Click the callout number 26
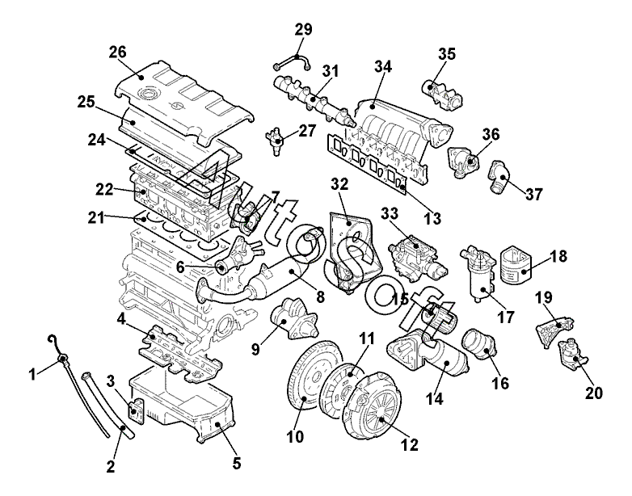(117, 52)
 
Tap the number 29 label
(303, 29)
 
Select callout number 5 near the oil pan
(237, 463)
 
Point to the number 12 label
(409, 444)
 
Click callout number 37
(534, 194)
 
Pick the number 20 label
(594, 393)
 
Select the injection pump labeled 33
(416, 256)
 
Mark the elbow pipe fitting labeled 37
(500, 176)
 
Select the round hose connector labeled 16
(480, 346)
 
